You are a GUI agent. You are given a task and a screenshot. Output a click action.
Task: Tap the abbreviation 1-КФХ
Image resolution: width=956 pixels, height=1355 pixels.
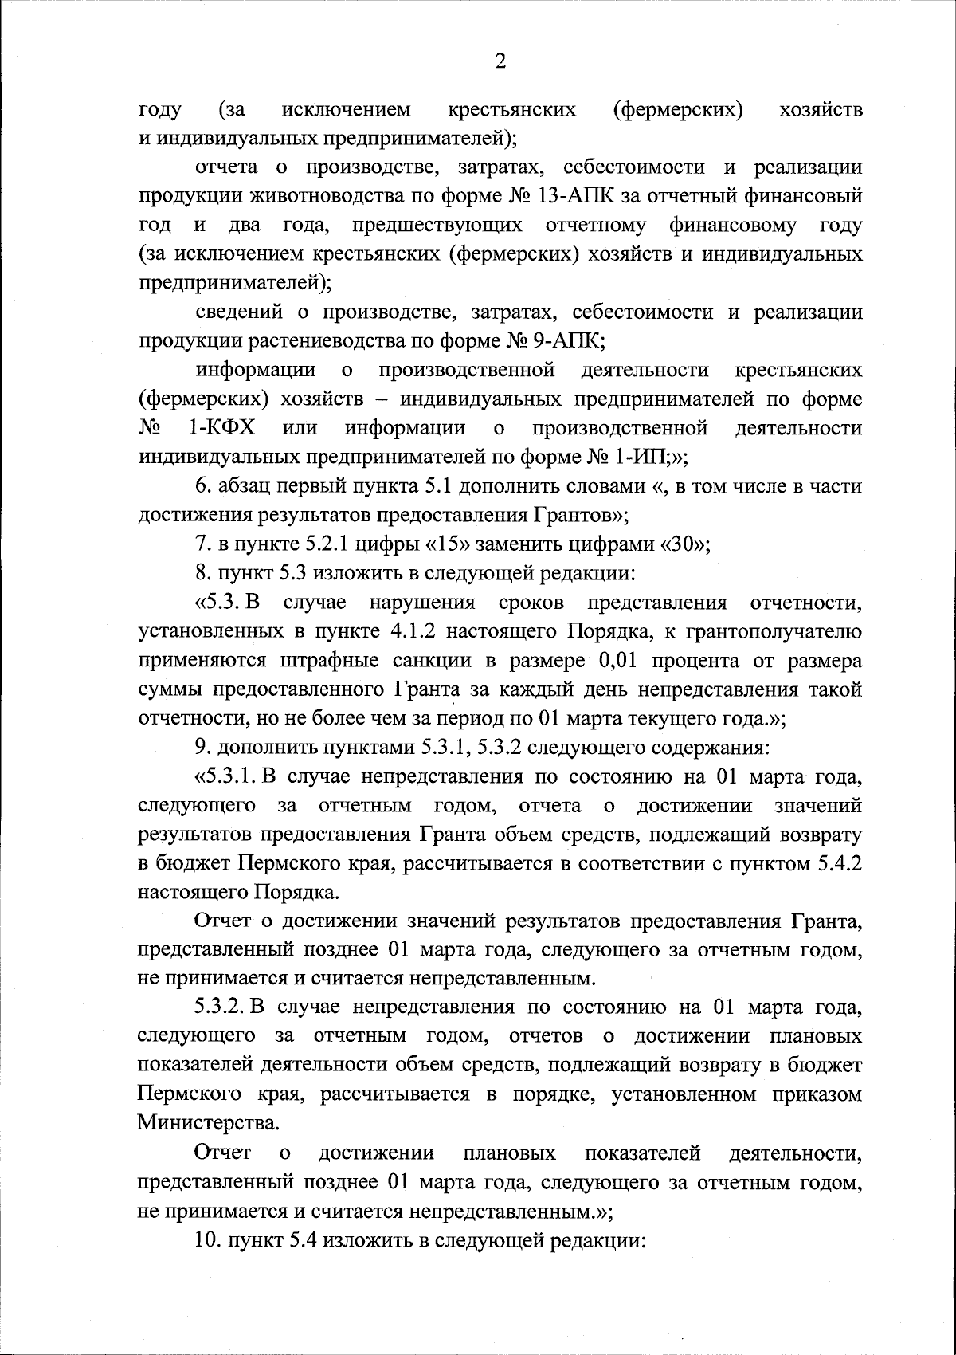222,428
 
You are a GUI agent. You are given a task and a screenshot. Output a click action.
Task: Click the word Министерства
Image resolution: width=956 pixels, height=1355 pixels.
209,1123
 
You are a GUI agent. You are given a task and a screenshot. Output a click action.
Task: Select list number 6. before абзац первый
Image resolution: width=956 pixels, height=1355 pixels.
203,486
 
